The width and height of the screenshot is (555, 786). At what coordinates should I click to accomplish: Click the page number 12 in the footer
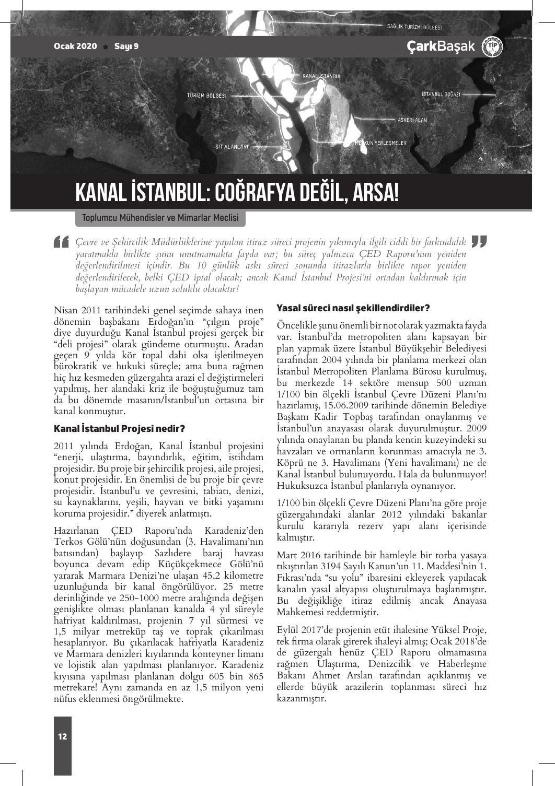pos(62,737)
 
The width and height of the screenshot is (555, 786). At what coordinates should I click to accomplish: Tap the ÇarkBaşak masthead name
pos(441,46)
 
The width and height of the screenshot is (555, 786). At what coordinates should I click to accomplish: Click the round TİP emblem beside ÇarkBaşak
pos(492,46)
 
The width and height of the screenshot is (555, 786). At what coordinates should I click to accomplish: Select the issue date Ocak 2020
pos(75,46)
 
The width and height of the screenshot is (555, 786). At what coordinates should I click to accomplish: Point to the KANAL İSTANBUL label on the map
pos(322,76)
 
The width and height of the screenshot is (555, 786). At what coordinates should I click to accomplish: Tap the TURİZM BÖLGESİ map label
pos(206,96)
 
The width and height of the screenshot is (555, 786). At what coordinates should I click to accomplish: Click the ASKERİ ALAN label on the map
pos(412,120)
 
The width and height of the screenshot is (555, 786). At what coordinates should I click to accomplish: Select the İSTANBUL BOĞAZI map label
pos(441,95)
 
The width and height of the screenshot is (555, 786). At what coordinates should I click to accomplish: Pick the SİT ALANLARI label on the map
pos(232,147)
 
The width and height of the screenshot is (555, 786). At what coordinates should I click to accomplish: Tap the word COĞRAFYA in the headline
pos(255,192)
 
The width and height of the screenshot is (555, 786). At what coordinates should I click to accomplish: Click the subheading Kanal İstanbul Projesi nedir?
pos(120,429)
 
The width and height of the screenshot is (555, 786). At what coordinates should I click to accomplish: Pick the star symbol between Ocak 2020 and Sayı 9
pos(106,46)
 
